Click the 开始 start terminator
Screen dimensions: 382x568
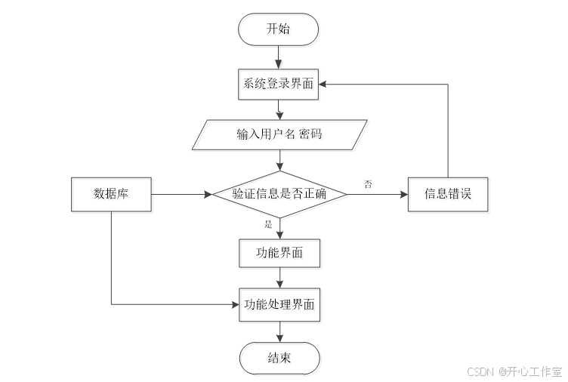(x=279, y=29)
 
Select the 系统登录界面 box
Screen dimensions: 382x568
(x=279, y=84)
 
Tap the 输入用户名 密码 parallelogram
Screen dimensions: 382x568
(x=280, y=135)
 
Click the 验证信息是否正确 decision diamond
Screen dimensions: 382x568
(x=279, y=194)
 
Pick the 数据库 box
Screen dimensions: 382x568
(x=111, y=194)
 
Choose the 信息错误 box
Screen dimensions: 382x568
(x=449, y=194)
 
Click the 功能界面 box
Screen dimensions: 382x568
(x=279, y=254)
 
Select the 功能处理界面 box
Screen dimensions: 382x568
(x=279, y=305)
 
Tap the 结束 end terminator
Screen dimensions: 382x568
(x=279, y=358)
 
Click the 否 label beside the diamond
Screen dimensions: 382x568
(x=368, y=183)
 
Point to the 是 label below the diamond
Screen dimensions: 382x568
(x=268, y=224)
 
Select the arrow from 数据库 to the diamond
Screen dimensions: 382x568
(x=181, y=194)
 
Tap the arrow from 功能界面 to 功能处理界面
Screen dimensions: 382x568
(x=279, y=278)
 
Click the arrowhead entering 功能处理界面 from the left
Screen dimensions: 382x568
(x=235, y=305)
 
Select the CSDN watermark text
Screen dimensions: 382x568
(x=514, y=371)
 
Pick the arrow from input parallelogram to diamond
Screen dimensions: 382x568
(x=280, y=160)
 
